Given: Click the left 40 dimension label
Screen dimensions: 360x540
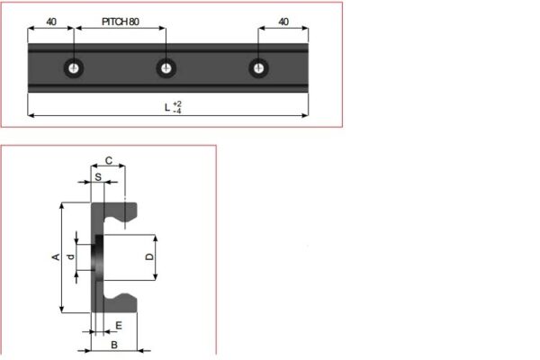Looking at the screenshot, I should pyautogui.click(x=51, y=20).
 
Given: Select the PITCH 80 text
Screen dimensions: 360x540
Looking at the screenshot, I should pyautogui.click(x=121, y=20).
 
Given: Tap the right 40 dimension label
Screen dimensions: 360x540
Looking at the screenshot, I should pyautogui.click(x=283, y=20).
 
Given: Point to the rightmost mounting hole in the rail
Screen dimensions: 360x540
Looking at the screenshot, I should pyautogui.click(x=259, y=67).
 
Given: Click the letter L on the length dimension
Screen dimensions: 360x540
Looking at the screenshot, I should pyautogui.click(x=166, y=107).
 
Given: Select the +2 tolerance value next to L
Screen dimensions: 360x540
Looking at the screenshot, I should pyautogui.click(x=176, y=103).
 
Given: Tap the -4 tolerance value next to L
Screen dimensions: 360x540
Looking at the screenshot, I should pyautogui.click(x=176, y=112).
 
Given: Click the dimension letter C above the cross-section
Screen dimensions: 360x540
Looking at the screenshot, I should pyautogui.click(x=109, y=160).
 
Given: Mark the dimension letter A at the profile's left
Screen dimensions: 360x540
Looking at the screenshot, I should pyautogui.click(x=56, y=257).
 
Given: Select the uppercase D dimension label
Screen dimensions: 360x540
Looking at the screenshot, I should pyautogui.click(x=149, y=257).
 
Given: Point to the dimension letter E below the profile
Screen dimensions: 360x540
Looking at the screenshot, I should pyautogui.click(x=118, y=325).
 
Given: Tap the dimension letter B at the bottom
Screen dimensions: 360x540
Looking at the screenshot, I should pyautogui.click(x=113, y=344).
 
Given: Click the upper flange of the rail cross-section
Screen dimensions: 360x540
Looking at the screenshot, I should pyautogui.click(x=121, y=211).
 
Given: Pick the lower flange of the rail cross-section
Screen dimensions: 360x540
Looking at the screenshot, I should pyautogui.click(x=121, y=304).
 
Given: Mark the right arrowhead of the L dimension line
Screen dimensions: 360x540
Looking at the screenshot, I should pyautogui.click(x=304, y=115).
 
